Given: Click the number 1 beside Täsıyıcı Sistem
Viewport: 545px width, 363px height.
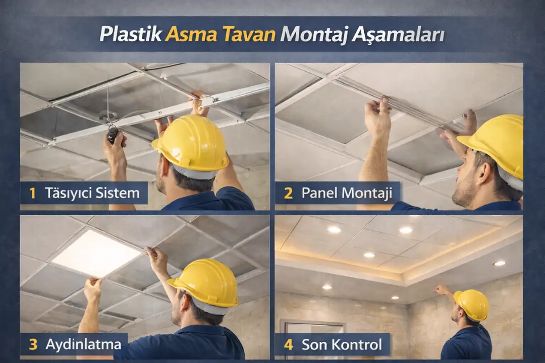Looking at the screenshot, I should (33, 193).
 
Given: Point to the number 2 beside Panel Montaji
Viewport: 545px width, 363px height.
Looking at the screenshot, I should (289, 193).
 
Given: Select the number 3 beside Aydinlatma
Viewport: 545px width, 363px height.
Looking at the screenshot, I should (33, 344).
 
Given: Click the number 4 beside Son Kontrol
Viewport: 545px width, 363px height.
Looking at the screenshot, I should (289, 345).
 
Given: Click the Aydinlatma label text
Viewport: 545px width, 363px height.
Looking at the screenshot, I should (83, 344).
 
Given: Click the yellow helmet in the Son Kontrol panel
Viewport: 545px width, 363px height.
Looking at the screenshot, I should (471, 304).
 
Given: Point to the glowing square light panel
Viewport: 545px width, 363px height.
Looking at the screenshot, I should (96, 253).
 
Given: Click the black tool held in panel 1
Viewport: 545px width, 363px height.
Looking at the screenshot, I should (113, 134).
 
